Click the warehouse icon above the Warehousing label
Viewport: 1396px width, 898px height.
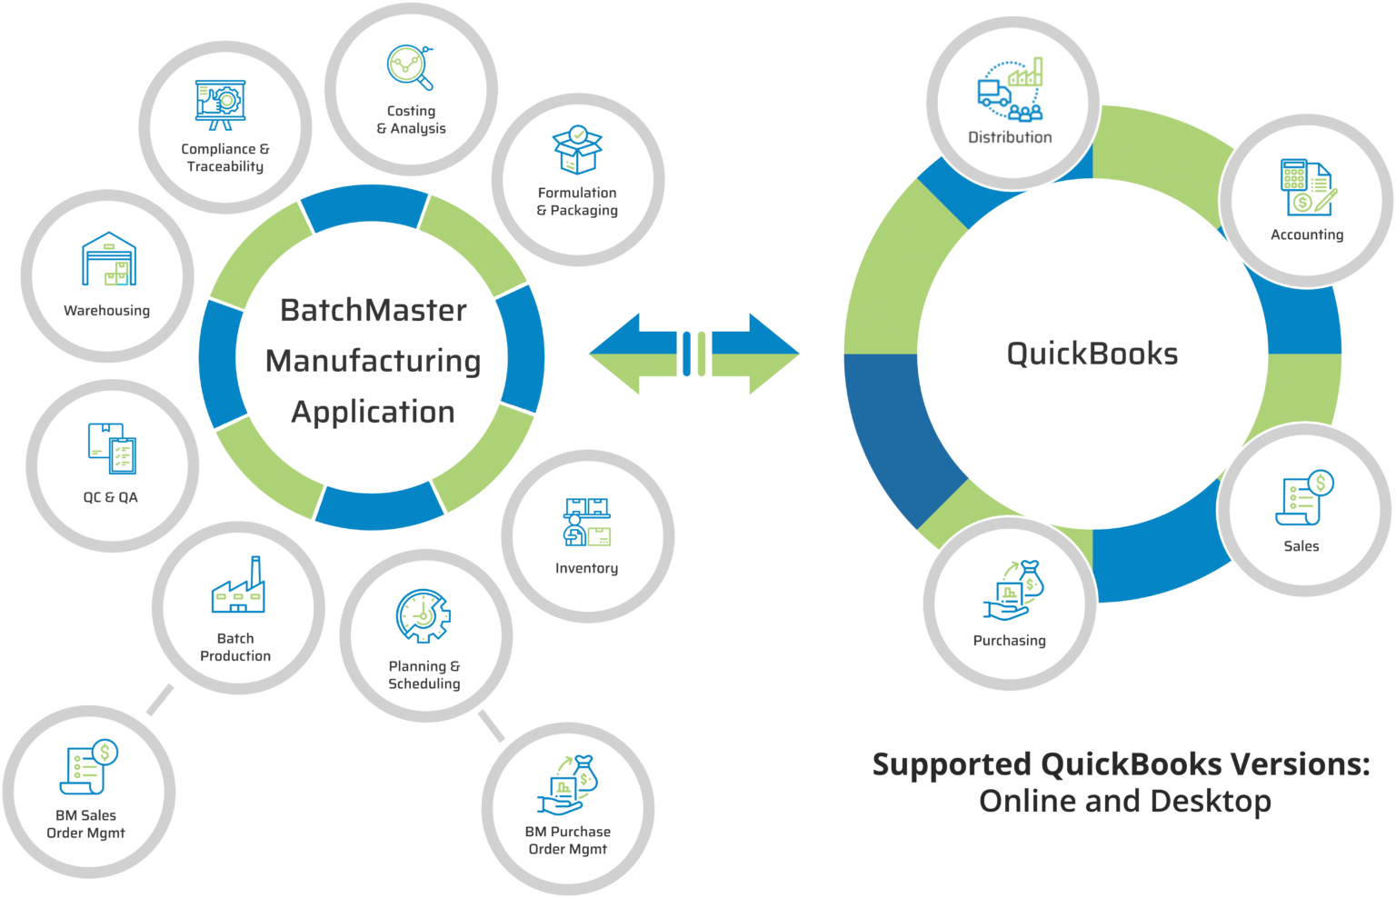pos(108,259)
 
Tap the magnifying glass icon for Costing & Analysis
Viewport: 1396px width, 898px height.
pos(410,69)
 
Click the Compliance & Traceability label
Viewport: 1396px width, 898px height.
pos(224,157)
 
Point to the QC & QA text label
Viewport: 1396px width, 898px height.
pos(110,497)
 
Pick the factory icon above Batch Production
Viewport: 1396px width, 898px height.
pos(238,586)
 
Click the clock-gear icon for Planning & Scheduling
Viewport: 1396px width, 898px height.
pos(423,616)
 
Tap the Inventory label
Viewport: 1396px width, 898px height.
pos(586,568)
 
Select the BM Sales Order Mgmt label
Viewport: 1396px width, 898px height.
pos(85,823)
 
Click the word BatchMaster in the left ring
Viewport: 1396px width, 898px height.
pos(373,311)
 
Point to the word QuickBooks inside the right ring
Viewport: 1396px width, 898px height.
pos(1092,354)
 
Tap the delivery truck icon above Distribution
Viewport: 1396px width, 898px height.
pos(993,93)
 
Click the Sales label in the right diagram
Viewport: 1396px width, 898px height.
pos(1301,546)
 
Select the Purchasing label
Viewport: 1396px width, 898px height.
pos(1009,641)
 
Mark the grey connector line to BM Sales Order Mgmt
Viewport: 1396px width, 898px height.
pos(160,700)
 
